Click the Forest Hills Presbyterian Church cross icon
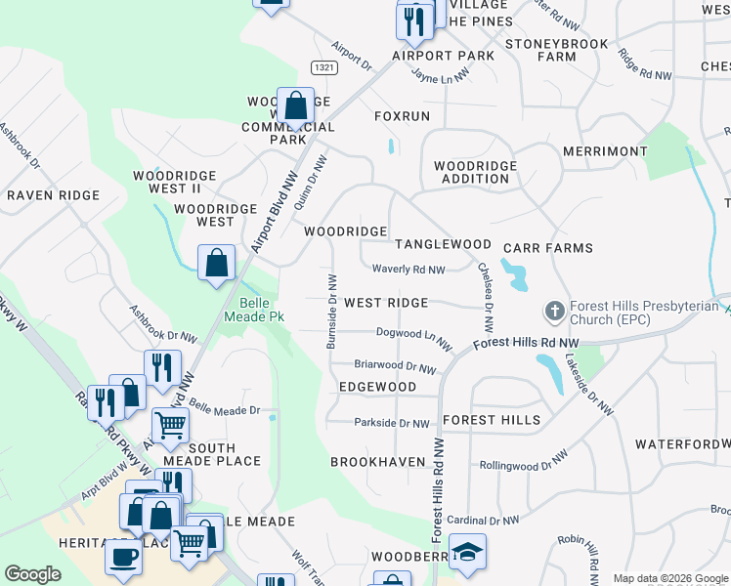click(554, 312)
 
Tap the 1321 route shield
click(324, 66)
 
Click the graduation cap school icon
click(467, 552)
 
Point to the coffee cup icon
click(124, 557)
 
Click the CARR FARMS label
click(548, 248)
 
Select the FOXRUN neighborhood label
click(402, 115)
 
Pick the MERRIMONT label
click(605, 151)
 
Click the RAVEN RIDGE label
click(53, 195)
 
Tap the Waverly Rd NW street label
click(408, 270)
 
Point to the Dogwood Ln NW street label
click(413, 338)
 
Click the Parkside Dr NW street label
click(391, 423)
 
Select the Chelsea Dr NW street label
click(486, 294)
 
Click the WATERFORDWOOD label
click(682, 443)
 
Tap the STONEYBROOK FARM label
click(556, 50)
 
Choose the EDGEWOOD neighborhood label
click(377, 387)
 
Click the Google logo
click(33, 574)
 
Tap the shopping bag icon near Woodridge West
click(216, 264)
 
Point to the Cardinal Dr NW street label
click(483, 520)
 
